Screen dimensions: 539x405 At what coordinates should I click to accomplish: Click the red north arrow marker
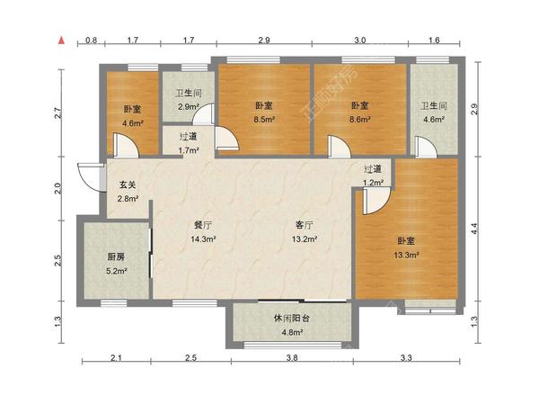[x=61, y=40]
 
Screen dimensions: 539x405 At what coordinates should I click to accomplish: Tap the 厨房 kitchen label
[x=116, y=256]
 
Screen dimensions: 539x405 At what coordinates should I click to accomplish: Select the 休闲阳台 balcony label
[x=291, y=318]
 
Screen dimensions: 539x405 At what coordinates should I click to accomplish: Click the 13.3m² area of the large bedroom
[x=406, y=256]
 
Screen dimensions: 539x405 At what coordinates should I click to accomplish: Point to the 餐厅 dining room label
[x=203, y=225]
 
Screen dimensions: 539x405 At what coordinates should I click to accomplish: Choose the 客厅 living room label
[x=305, y=225]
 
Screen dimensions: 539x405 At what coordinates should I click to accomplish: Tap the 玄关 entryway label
[x=128, y=184]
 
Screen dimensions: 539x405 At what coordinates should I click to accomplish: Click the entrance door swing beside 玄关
[x=91, y=176]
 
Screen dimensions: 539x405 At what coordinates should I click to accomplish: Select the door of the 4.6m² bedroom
[x=126, y=146]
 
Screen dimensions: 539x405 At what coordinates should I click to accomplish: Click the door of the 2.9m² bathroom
[x=204, y=114]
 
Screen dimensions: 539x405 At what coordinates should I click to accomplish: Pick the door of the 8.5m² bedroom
[x=226, y=139]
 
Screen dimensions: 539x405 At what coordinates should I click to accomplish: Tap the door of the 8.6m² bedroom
[x=339, y=147]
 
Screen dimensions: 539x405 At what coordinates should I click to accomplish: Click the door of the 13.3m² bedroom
[x=376, y=201]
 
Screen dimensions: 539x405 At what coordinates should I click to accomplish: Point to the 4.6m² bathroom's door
[x=426, y=147]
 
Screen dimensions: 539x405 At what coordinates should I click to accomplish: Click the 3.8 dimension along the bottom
[x=292, y=358]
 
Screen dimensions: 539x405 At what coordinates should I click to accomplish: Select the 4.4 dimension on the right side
[x=474, y=229]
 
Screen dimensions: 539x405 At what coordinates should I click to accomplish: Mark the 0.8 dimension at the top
[x=91, y=40]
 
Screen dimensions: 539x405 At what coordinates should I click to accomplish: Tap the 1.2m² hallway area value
[x=373, y=183]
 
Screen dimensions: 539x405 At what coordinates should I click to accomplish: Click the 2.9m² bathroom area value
[x=189, y=107]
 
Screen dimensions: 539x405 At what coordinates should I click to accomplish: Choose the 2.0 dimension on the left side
[x=57, y=188]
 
